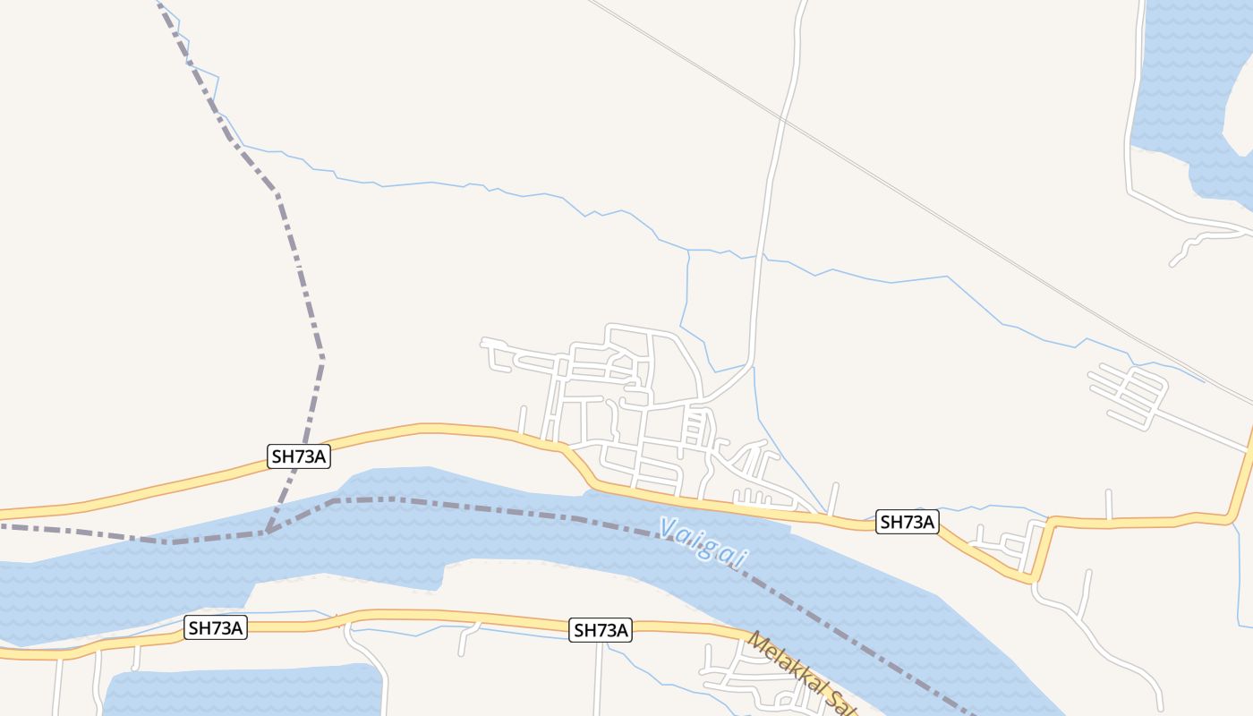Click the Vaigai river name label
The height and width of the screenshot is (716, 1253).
pos(703,541)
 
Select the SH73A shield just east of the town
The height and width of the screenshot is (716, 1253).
pos(908,522)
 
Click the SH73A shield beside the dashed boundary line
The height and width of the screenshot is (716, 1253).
pos(299,456)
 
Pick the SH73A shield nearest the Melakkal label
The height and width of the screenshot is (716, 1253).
pos(601,630)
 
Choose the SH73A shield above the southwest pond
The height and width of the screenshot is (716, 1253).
pos(216,627)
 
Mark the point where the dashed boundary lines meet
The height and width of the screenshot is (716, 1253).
pos(267,531)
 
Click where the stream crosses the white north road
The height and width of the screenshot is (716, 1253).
pos(760,259)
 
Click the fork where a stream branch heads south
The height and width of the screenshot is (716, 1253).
pos(688,251)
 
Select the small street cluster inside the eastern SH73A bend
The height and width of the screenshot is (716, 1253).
pos(1007,541)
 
